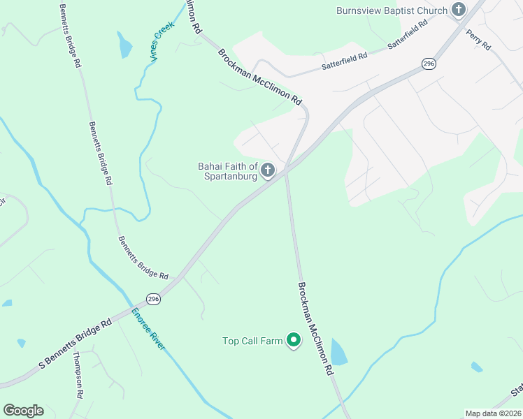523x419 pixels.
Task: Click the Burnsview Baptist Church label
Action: tap(391, 10)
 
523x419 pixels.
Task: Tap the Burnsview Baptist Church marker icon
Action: tap(459, 10)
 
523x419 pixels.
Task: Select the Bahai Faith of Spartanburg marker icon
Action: tap(268, 170)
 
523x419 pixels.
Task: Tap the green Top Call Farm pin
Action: tap(294, 340)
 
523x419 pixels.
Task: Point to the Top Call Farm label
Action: tap(252, 341)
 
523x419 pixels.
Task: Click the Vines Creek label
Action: tap(163, 42)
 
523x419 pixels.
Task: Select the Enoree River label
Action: tap(148, 328)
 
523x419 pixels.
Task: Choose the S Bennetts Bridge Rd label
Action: tap(76, 344)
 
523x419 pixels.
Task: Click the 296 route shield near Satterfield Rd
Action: tap(429, 64)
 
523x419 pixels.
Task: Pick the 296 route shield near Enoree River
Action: tap(154, 299)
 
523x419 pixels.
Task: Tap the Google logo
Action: tap(23, 411)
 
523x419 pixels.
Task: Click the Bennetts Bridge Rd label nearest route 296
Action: tap(143, 257)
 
